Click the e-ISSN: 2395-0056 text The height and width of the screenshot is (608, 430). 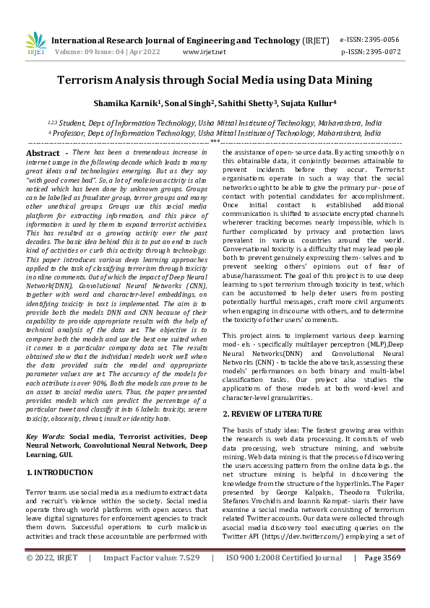click(x=369, y=40)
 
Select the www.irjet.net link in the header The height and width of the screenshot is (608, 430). click(x=205, y=52)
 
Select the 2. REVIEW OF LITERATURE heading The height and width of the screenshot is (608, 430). click(x=272, y=414)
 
